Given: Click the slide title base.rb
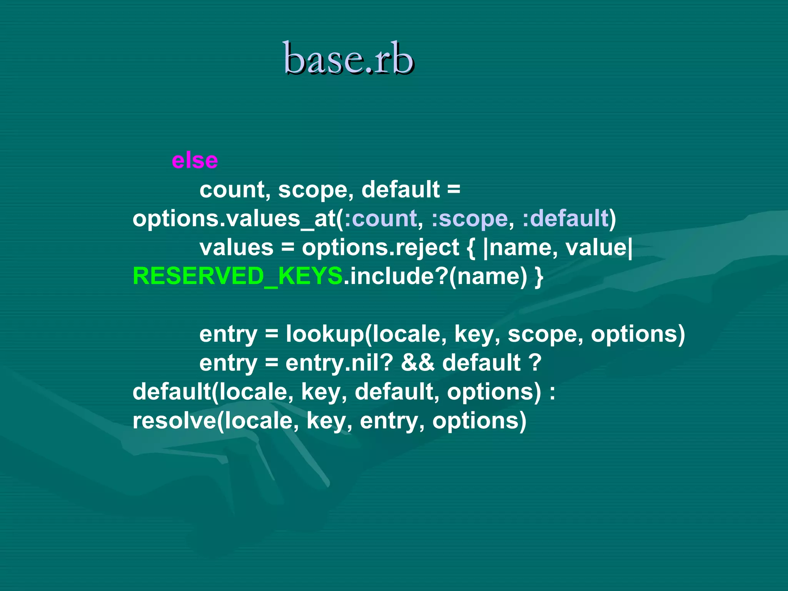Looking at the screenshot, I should click(349, 59).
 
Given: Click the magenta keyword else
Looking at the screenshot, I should click(195, 160).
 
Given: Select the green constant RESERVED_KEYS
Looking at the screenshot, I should click(237, 276).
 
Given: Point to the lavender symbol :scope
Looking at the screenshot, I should click(469, 219).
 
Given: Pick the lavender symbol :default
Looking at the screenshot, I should click(565, 219).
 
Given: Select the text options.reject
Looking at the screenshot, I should click(380, 247).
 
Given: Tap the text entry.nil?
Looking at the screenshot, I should click(339, 363).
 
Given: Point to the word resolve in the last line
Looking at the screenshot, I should click(174, 421).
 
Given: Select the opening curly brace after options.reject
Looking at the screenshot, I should click(471, 247).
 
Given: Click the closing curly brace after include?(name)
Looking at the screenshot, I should click(539, 276).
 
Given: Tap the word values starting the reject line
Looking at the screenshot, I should click(236, 247).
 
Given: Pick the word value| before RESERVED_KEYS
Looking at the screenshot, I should click(599, 247).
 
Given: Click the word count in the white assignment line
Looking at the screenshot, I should click(232, 190).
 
